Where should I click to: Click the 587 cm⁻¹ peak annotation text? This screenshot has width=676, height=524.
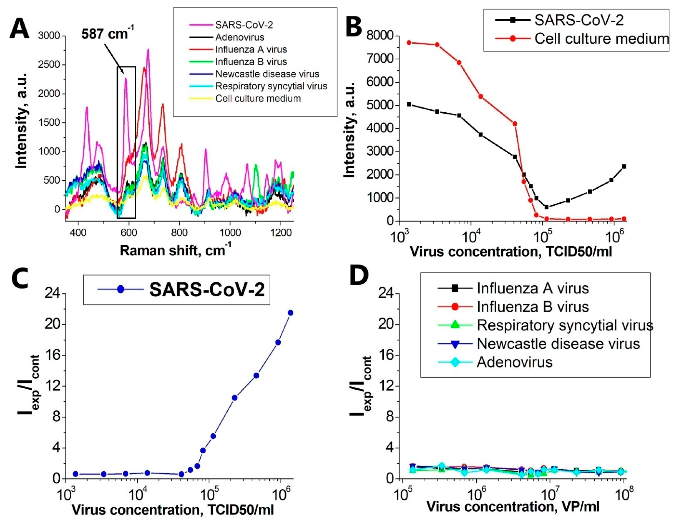click(107, 33)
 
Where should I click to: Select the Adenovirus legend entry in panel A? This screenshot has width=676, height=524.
click(240, 37)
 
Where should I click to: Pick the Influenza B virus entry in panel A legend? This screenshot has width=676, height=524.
click(251, 62)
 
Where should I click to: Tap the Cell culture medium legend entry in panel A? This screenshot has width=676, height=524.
click(258, 98)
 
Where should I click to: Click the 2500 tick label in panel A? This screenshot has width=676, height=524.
click(49, 65)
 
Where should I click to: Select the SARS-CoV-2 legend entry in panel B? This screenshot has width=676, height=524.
click(579, 20)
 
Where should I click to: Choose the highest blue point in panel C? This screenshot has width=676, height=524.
click(290, 313)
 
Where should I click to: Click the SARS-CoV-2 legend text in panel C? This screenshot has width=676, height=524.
click(207, 290)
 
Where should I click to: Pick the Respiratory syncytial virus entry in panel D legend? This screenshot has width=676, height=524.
click(565, 325)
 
